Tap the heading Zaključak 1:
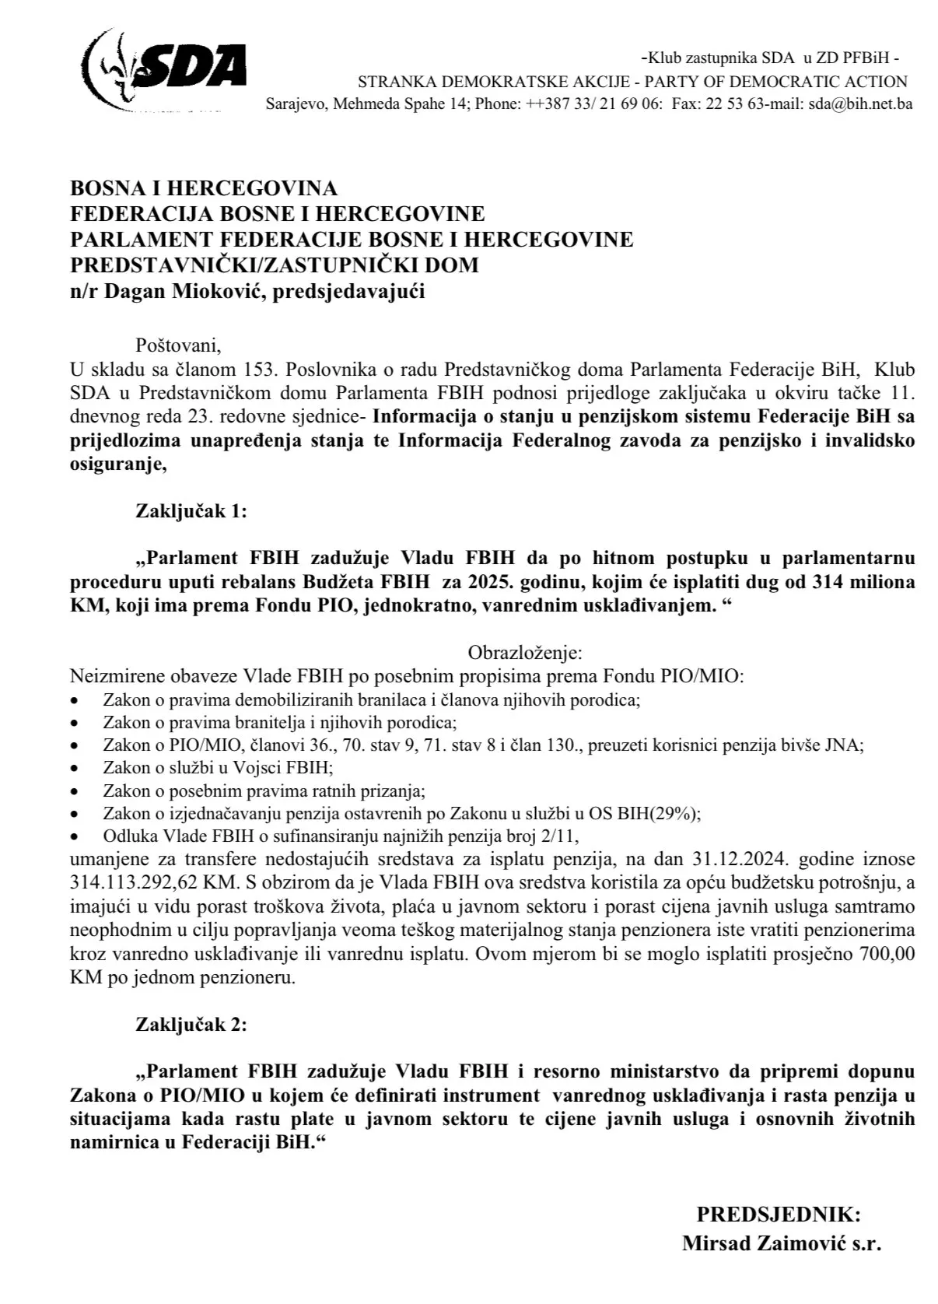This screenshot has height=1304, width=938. pyautogui.click(x=191, y=511)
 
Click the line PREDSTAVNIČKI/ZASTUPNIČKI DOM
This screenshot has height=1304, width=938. pyautogui.click(x=275, y=265)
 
